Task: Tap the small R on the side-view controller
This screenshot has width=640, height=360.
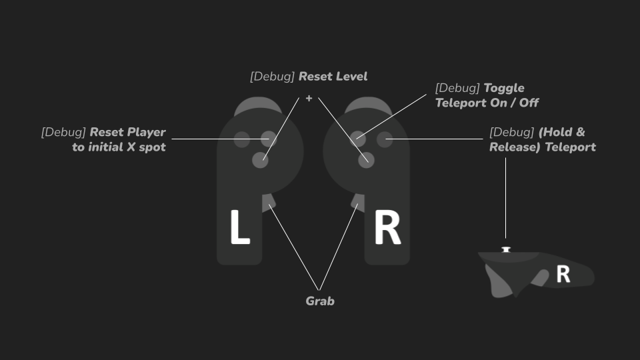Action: click(563, 274)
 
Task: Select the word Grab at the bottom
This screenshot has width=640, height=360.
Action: click(320, 301)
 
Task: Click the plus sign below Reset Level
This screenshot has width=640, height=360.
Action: click(309, 99)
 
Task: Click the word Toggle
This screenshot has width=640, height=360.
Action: click(504, 88)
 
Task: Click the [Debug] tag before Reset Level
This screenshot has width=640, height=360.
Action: click(272, 77)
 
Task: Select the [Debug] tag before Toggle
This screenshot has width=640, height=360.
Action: click(457, 88)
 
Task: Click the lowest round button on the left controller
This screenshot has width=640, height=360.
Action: click(260, 160)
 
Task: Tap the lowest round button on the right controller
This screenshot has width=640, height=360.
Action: click(366, 160)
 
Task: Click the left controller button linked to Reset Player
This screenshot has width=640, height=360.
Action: click(269, 139)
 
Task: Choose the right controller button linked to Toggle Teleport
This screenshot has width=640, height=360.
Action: click(358, 139)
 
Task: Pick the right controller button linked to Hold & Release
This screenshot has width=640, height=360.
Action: click(385, 139)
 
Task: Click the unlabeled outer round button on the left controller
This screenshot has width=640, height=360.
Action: click(242, 139)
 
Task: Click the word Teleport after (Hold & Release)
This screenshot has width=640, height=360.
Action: click(570, 147)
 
